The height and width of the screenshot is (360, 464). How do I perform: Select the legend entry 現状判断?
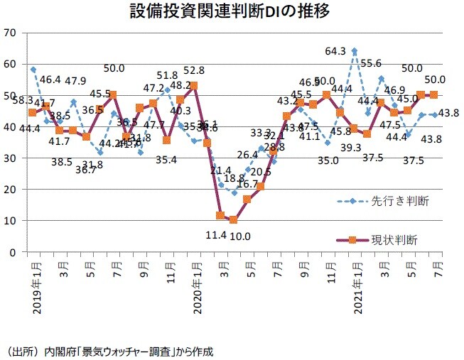pyautogui.click(x=394, y=240)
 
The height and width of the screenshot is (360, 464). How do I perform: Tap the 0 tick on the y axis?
pyautogui.click(x=13, y=252)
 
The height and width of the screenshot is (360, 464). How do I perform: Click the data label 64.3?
pyautogui.click(x=335, y=50)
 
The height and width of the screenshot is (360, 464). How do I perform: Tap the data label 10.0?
pyautogui.click(x=241, y=236)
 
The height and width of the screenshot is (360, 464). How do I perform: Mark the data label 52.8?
pyautogui.click(x=194, y=70)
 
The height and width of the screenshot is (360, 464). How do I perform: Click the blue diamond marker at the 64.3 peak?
pyautogui.click(x=355, y=51)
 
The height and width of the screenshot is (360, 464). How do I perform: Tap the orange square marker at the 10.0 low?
pyautogui.click(x=233, y=220)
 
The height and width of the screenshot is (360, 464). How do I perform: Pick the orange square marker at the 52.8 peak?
pyautogui.click(x=193, y=86)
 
